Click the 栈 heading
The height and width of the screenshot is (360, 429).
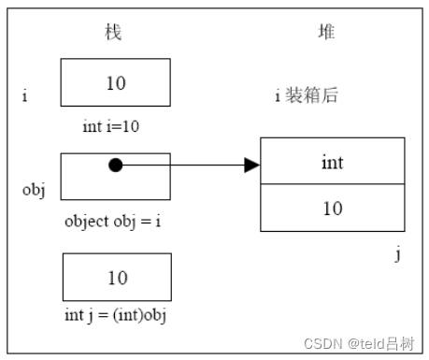pyautogui.click(x=113, y=32)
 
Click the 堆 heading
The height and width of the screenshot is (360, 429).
pyautogui.click(x=325, y=32)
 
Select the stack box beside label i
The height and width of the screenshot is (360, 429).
pyautogui.click(x=116, y=82)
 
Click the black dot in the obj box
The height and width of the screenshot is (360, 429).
pyautogui.click(x=115, y=166)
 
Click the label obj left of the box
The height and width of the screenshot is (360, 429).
pyautogui.click(x=34, y=189)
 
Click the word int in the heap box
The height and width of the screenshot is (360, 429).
pyautogui.click(x=332, y=163)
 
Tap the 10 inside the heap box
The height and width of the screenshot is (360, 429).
pyautogui.click(x=332, y=209)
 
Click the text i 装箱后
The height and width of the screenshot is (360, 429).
pyautogui.click(x=306, y=94)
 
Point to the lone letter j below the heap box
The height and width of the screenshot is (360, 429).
pyautogui.click(x=397, y=252)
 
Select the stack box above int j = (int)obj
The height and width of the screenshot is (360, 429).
pyautogui.click(x=116, y=277)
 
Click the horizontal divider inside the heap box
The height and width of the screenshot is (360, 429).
pyautogui.click(x=332, y=185)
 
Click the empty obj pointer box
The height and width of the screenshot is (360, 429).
pyautogui.click(x=140, y=183)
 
